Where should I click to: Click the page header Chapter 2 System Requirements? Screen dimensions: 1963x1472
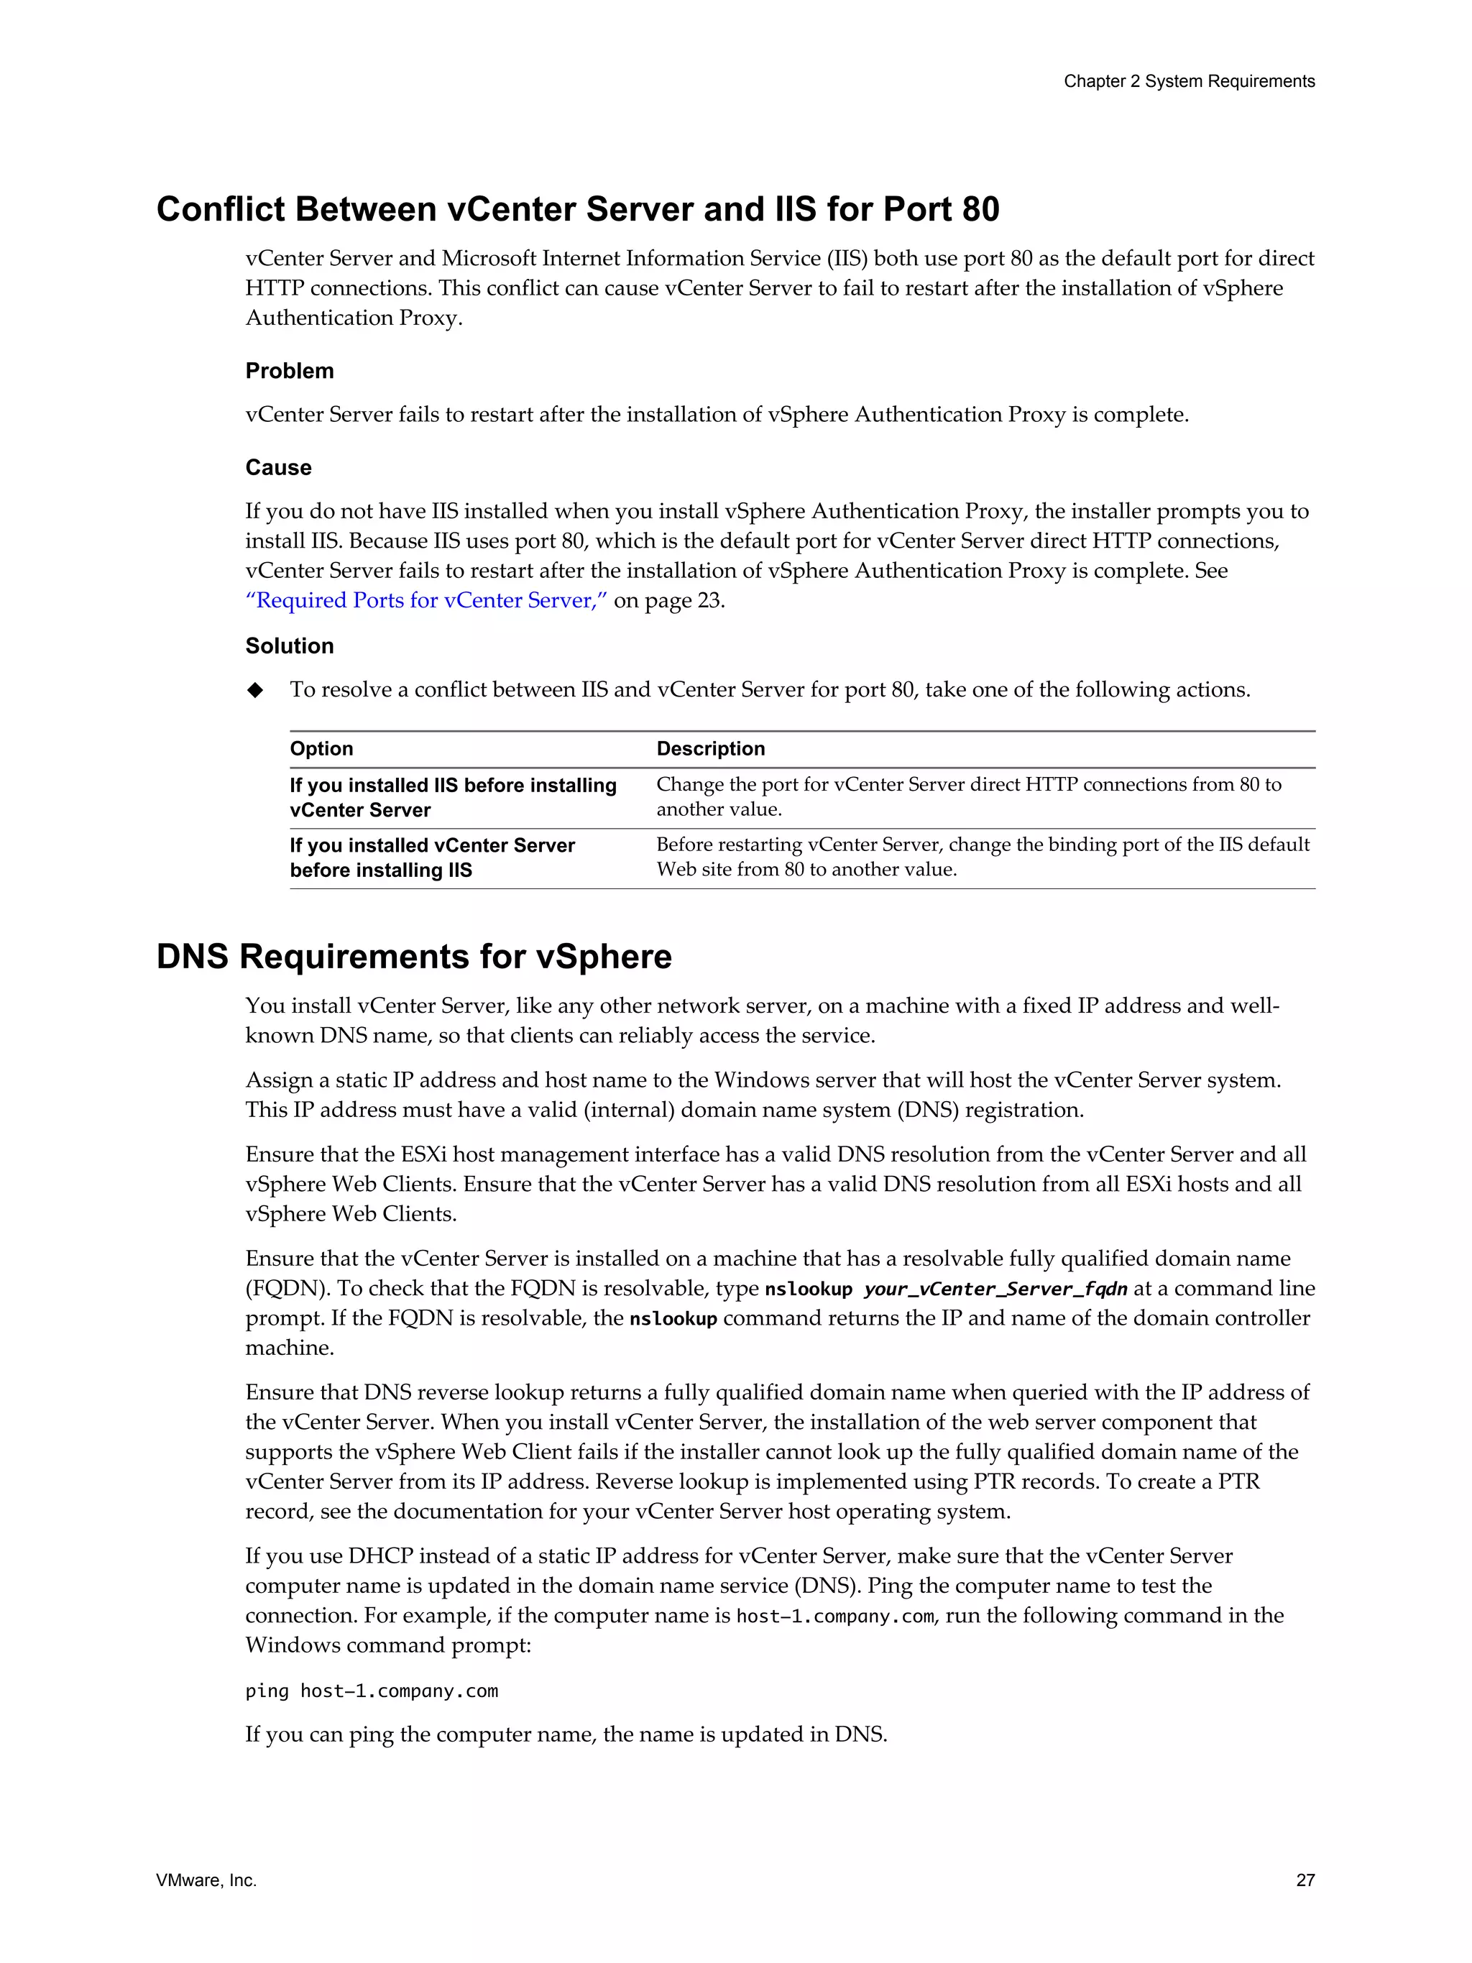tap(1188, 82)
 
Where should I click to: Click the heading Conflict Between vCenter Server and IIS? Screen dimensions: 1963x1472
tap(578, 209)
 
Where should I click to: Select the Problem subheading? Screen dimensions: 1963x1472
tap(289, 371)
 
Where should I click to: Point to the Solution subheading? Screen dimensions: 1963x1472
tap(289, 646)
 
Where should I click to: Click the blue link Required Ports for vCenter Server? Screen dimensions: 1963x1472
tap(426, 601)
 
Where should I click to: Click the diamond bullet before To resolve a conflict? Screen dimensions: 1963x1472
tap(256, 691)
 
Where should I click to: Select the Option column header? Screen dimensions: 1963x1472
tap(321, 749)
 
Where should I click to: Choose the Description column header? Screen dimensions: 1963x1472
tap(710, 749)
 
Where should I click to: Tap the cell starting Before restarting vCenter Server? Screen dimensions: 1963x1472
tap(983, 856)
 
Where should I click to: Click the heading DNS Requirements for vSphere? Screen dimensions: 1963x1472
tap(413, 957)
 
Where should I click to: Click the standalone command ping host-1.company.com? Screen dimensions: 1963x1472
tap(372, 1691)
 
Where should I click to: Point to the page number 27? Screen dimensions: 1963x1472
tap(1305, 1880)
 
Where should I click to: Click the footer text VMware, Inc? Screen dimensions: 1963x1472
tap(206, 1880)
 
